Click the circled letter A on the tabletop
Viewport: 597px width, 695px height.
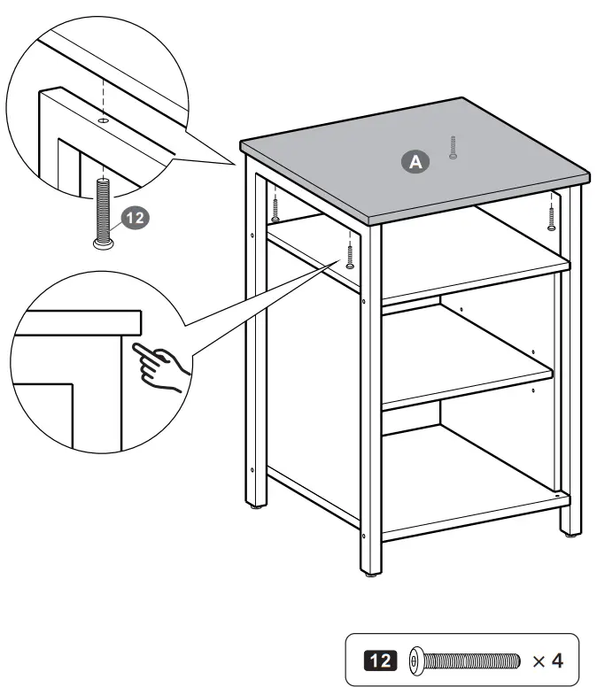pyautogui.click(x=415, y=161)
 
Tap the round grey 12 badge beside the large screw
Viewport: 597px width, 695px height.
pyautogui.click(x=132, y=218)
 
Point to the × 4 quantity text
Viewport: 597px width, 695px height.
pyautogui.click(x=547, y=660)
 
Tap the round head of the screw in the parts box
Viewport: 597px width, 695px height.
pyautogui.click(x=418, y=660)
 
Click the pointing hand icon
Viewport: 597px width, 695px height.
pyautogui.click(x=159, y=363)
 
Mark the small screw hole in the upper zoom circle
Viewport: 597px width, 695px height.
pyautogui.click(x=103, y=120)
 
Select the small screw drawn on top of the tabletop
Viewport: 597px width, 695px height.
pyautogui.click(x=453, y=147)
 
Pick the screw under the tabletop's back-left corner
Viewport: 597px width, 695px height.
pyautogui.click(x=275, y=208)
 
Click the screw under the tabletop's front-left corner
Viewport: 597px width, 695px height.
pyautogui.click(x=351, y=254)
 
